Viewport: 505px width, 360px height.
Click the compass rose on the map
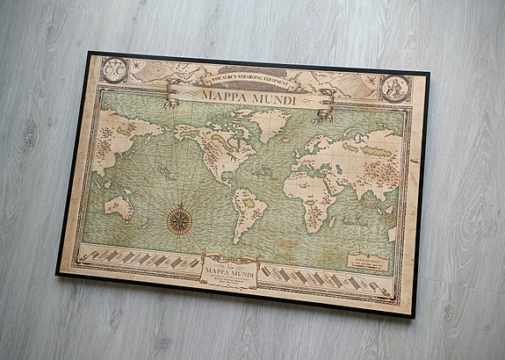click(x=181, y=218)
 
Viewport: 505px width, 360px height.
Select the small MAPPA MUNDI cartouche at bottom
click(x=229, y=270)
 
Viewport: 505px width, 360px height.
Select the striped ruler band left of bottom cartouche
click(x=140, y=258)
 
